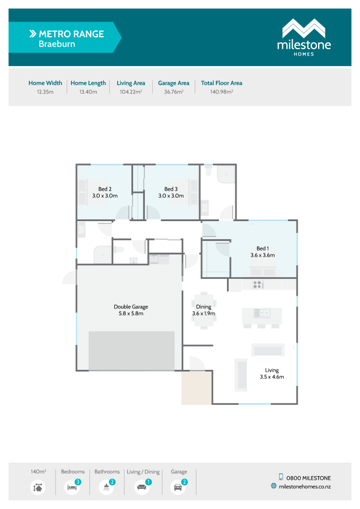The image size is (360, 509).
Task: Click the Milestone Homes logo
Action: [x=303, y=37]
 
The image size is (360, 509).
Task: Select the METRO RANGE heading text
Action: [x=71, y=34]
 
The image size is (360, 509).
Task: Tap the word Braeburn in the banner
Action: [x=57, y=44]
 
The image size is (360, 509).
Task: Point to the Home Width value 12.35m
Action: [x=45, y=91]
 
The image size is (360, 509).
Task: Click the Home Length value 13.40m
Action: [x=88, y=91]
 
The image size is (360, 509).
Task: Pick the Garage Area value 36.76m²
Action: [x=173, y=91]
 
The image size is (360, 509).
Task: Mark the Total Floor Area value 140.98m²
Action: [x=221, y=91]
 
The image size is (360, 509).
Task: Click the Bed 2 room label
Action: [x=104, y=192]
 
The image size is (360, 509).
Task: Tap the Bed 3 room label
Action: [x=170, y=192]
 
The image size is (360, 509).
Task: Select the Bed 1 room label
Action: [x=262, y=252]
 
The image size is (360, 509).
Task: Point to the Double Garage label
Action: [x=131, y=310]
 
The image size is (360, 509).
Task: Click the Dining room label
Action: [x=203, y=310]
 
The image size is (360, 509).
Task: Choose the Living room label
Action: [x=272, y=373]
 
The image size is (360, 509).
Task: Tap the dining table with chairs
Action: [x=203, y=310]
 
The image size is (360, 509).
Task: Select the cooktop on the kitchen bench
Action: [x=257, y=284]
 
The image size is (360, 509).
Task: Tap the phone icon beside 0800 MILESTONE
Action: [x=281, y=477]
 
